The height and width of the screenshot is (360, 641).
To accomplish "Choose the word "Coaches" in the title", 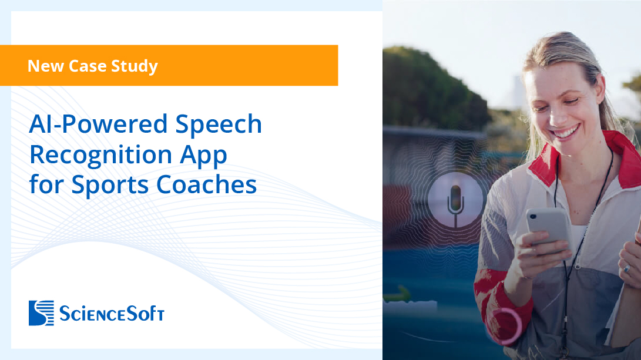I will click(x=206, y=184).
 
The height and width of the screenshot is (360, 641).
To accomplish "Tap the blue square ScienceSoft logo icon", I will click(x=41, y=312).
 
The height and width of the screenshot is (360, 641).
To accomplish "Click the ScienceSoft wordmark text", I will click(x=111, y=314).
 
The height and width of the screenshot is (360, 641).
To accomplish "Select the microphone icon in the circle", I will click(x=455, y=200).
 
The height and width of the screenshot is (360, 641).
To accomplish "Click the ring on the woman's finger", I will click(x=626, y=268).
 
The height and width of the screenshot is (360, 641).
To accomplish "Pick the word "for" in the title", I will click(x=47, y=184).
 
